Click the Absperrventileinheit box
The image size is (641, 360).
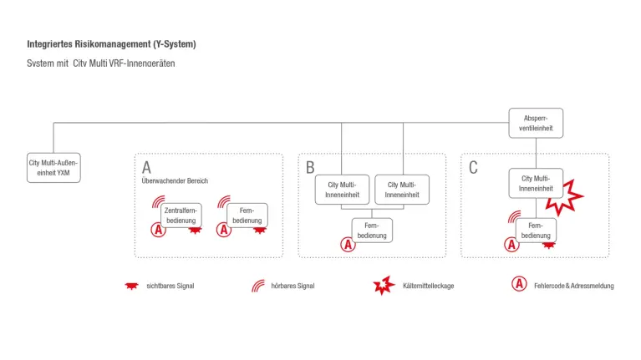(x=536, y=123)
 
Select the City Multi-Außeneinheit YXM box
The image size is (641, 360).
(x=53, y=166)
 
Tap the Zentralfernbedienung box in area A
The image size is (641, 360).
(x=181, y=215)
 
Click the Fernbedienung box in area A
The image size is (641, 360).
(x=247, y=215)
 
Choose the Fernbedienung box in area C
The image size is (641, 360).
(x=536, y=230)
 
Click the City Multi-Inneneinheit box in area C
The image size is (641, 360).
(x=536, y=183)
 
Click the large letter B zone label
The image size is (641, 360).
(x=310, y=167)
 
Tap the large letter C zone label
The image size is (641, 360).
(x=473, y=167)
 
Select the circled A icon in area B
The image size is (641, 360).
(x=348, y=245)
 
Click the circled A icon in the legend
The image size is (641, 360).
(x=519, y=285)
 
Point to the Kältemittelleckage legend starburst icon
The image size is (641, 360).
(x=384, y=286)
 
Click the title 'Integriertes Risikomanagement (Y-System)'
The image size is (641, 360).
(x=111, y=43)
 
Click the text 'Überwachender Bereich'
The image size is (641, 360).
(x=175, y=181)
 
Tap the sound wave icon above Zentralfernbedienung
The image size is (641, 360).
(x=158, y=202)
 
